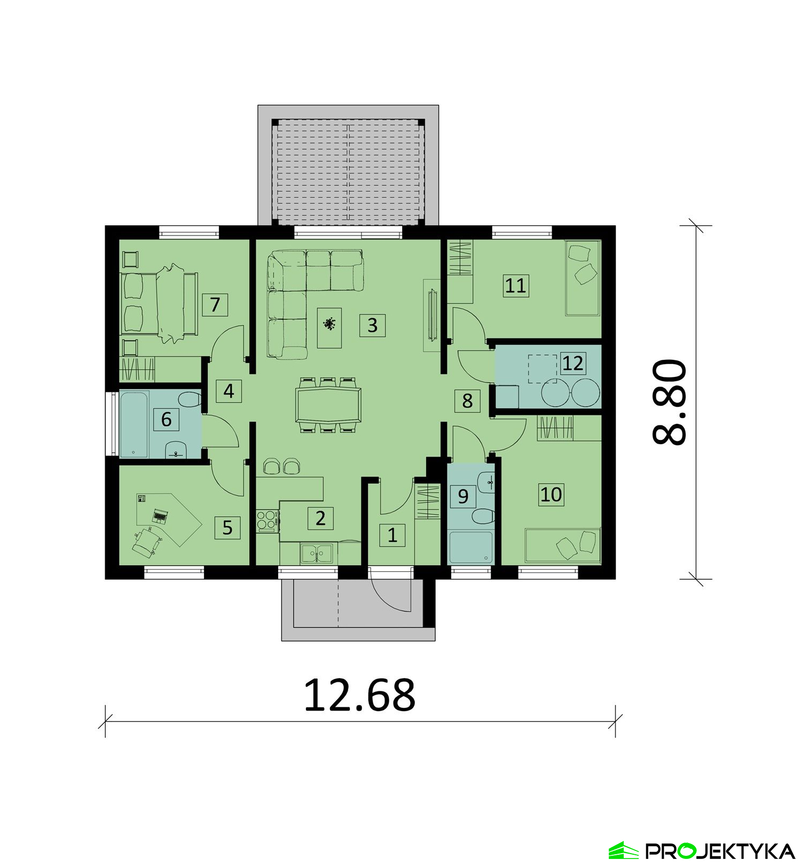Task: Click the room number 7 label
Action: tap(215, 304)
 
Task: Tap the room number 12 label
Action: tap(572, 363)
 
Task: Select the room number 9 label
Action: tap(463, 496)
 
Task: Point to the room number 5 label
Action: tap(227, 527)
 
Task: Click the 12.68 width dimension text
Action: tap(359, 695)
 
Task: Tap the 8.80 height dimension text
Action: tap(669, 401)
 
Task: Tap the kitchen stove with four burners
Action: tap(267, 521)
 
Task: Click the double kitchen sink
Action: tap(317, 554)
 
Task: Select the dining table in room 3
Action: tap(328, 405)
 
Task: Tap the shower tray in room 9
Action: tap(471, 547)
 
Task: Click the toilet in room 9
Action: tap(483, 516)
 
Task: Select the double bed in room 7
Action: tap(158, 304)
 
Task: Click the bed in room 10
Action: tap(563, 546)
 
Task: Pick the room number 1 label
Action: tap(392, 535)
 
